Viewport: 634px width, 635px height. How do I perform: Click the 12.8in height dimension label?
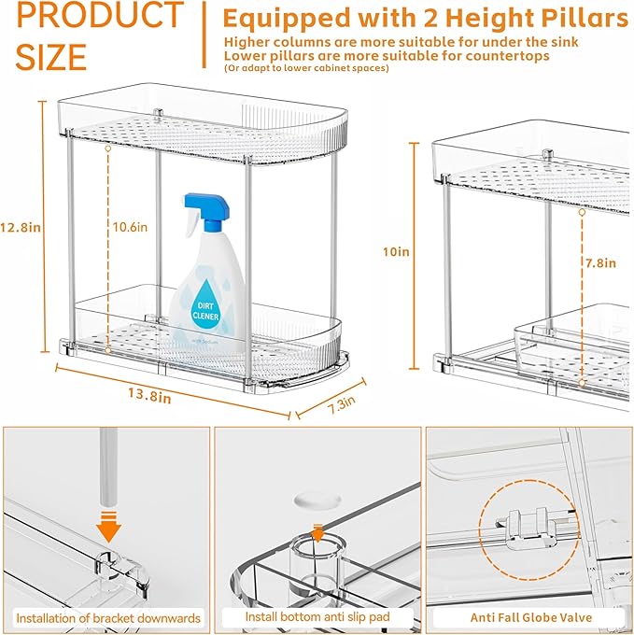point(19,227)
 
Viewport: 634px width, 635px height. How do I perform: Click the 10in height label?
point(396,251)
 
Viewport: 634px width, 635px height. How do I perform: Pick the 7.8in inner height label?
point(600,262)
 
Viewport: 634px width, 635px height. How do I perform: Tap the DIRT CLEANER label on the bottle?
point(205,310)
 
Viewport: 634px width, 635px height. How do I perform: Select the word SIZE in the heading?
point(51,57)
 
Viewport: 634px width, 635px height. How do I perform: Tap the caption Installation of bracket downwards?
point(107,617)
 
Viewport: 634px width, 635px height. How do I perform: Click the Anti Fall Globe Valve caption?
point(529,617)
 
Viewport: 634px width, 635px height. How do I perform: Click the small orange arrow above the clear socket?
point(317,533)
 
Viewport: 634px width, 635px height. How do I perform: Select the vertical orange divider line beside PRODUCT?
point(204,34)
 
